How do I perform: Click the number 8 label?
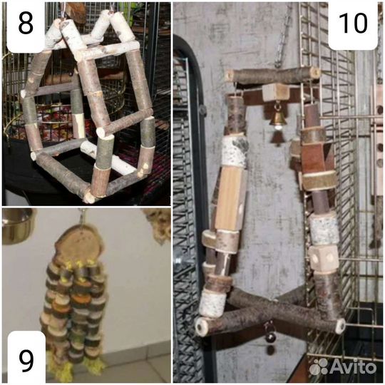26,24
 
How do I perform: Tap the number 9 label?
26,361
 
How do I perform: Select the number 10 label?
353,23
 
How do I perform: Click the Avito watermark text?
353,367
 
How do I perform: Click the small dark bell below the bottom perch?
270,337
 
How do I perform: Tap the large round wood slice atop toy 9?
79,245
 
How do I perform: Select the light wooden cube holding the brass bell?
276,92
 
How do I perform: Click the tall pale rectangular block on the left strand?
229,198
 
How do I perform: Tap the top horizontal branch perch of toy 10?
272,75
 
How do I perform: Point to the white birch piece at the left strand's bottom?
212,303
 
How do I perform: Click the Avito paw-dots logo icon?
319,367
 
